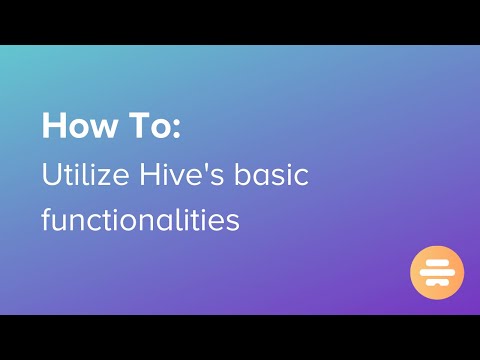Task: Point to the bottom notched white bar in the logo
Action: [437, 283]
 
